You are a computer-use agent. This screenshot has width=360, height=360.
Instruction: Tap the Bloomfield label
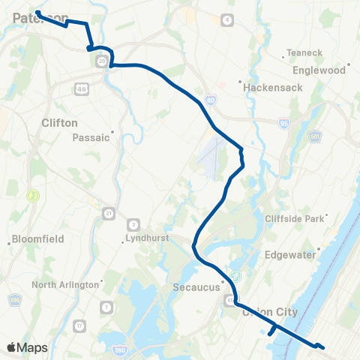pos(37,239)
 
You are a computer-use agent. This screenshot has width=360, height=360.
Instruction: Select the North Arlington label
pos(65,284)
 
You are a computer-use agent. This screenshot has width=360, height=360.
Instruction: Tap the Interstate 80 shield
pos(210,99)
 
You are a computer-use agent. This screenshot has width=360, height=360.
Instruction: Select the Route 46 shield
pos(80,89)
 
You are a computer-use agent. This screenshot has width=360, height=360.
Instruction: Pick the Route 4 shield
pos(227,18)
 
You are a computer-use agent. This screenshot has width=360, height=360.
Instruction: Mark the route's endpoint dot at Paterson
pos(37,13)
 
